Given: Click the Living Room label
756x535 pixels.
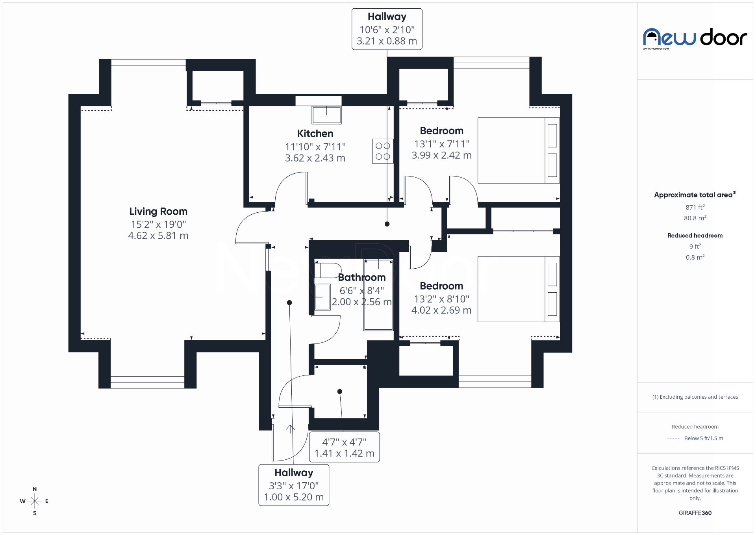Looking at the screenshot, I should click(x=158, y=212).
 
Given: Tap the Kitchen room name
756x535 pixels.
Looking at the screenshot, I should click(x=315, y=134).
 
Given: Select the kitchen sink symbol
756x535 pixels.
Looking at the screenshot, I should click(x=326, y=115).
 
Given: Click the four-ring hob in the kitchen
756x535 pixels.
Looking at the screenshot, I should click(x=382, y=151).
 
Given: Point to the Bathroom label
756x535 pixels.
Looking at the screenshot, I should click(x=361, y=277).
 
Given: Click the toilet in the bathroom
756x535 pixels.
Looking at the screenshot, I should click(x=327, y=270).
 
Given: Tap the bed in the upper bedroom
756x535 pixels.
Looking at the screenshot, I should click(x=518, y=150).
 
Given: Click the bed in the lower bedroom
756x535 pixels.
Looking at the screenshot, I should click(x=518, y=289).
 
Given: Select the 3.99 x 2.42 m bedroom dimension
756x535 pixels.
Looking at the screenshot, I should click(x=441, y=156).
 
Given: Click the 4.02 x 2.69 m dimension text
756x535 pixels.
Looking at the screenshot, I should click(x=441, y=310).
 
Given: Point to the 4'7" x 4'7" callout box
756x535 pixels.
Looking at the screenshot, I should click(x=345, y=447).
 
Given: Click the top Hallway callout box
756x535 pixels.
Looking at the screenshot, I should click(x=387, y=29).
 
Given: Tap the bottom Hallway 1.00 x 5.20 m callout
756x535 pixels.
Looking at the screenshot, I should click(x=294, y=485).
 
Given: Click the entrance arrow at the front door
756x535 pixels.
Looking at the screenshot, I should click(x=290, y=429).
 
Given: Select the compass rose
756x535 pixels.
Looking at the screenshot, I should click(x=35, y=501).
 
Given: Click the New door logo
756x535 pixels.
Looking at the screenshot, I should click(x=695, y=38).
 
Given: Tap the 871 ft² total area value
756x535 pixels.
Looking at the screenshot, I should click(x=695, y=207).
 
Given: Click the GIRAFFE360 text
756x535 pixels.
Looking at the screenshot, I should click(x=695, y=513).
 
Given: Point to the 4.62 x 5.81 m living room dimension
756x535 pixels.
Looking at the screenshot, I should click(x=158, y=236).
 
